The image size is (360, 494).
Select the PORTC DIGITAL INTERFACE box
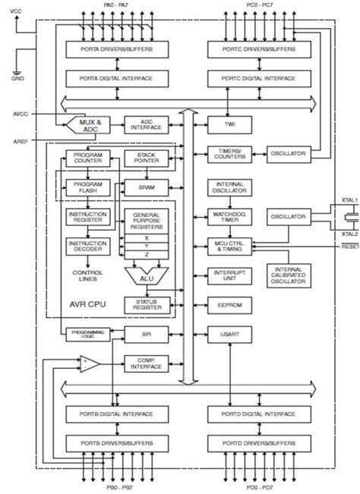coord(251,78)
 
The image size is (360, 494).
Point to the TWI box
coord(229,126)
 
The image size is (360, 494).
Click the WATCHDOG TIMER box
coord(229,218)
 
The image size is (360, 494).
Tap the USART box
coord(229,334)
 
